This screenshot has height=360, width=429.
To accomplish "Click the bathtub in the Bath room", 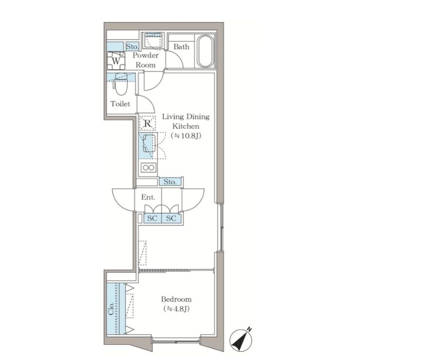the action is (x=205, y=51).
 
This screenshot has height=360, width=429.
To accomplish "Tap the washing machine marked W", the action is (x=116, y=61).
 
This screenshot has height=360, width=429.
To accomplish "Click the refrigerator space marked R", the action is (x=147, y=123).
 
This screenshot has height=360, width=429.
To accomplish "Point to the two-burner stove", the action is (x=148, y=167).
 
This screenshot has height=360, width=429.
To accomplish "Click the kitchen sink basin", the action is (x=149, y=144).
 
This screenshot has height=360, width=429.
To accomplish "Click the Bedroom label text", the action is (x=176, y=299).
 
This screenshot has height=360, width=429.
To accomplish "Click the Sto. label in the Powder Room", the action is (x=133, y=46).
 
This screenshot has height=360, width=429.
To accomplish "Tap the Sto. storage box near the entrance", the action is (x=170, y=182).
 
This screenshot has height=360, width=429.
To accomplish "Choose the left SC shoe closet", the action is (x=153, y=218).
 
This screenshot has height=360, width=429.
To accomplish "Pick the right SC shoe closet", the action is (x=171, y=218).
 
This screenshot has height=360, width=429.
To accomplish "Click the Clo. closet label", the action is (x=111, y=309).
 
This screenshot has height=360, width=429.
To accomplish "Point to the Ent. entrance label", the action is (x=148, y=197).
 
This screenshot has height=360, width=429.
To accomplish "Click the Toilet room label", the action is (x=120, y=104).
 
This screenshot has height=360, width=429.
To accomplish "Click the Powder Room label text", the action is (x=146, y=60).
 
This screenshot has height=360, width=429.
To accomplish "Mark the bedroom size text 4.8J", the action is (x=176, y=309).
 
